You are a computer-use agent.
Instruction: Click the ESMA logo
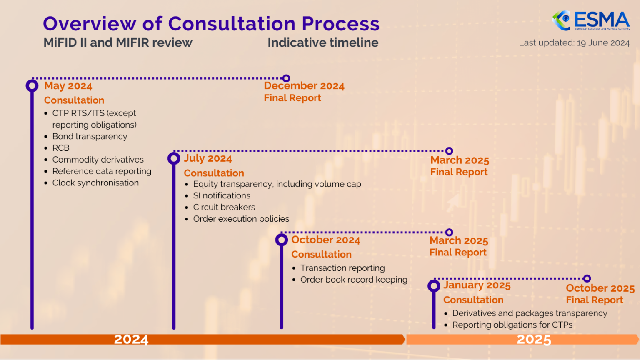click(591, 21)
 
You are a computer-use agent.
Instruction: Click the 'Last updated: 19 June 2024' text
click(574, 43)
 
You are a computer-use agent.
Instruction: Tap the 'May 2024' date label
click(68, 86)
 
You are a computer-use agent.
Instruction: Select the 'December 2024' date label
click(304, 86)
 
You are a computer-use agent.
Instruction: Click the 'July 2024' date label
click(208, 159)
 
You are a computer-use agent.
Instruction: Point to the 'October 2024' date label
click(325, 240)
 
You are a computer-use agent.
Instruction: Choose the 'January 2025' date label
click(477, 285)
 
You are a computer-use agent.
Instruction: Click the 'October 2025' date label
click(600, 288)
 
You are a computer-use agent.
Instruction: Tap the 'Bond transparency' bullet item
click(90, 137)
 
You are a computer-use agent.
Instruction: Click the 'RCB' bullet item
click(61, 148)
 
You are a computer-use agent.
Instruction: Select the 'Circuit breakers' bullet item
click(224, 207)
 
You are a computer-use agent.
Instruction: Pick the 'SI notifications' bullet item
click(222, 195)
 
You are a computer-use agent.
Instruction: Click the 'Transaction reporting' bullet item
click(342, 268)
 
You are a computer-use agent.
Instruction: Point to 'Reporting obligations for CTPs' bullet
click(512, 325)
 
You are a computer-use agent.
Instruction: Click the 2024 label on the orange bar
click(131, 340)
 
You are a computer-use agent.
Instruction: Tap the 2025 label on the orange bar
click(534, 340)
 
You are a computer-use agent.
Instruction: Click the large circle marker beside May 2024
click(32, 86)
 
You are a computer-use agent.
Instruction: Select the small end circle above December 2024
click(286, 78)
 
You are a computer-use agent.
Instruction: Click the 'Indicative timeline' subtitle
click(323, 43)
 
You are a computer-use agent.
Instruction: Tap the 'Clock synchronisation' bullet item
click(95, 183)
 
